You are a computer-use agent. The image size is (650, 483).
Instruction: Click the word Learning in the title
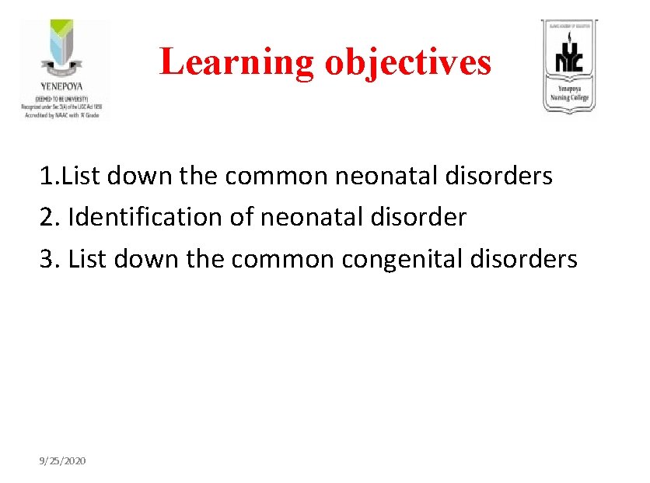coord(237,62)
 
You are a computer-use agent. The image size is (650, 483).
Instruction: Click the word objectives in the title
coord(408,62)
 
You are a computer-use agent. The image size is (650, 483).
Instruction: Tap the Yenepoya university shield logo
coord(65,47)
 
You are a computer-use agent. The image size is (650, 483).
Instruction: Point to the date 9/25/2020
coord(63,461)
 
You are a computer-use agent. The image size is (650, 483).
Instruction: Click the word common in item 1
coord(277,176)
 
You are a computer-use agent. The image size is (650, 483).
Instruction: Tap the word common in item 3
coord(282,259)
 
